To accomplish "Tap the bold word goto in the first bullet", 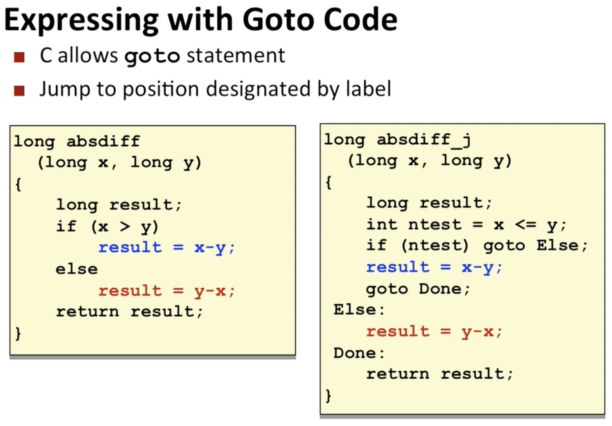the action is (152, 56).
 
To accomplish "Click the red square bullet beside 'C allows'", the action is (19, 57).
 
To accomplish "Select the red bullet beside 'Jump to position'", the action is (19, 91).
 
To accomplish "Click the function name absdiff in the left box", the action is (103, 142).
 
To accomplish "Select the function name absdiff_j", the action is (424, 140).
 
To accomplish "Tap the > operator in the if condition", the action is (125, 226).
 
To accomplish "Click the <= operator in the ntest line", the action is (525, 225).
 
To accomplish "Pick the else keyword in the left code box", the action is (76, 269).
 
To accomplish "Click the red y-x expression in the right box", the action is (482, 332).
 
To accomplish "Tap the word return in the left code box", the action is (88, 311).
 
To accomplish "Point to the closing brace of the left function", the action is (18, 333).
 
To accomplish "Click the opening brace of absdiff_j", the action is (329, 182).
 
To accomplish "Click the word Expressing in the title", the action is (81, 20).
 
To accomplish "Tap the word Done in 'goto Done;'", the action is (440, 289).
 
